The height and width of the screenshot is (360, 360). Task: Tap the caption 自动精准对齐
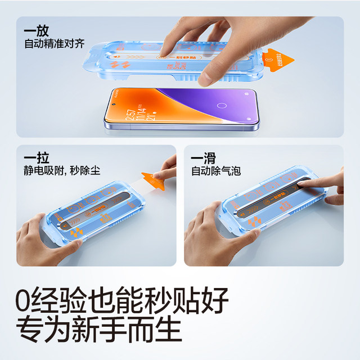click(x=54, y=44)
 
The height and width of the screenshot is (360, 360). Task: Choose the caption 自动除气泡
click(x=216, y=170)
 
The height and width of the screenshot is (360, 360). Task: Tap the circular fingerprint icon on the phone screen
click(x=221, y=105)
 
